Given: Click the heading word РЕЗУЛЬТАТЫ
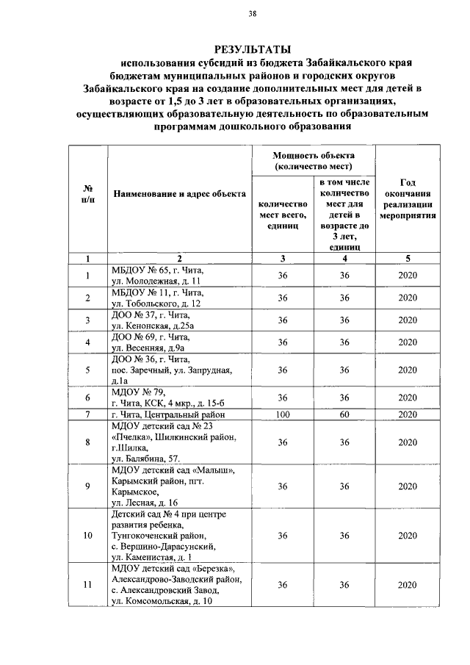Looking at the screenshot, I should pos(252,48).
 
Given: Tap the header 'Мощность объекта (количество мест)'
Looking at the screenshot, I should pos(314,161).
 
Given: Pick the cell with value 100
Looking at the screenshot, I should pos(282,415).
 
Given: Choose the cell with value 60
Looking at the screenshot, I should pos(344,415).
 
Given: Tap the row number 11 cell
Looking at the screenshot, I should pos(87,585).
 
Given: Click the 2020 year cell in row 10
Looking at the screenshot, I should pos(408,536).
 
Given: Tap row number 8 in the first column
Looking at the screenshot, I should pos(87,442).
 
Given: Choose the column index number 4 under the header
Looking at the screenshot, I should pos(344,258).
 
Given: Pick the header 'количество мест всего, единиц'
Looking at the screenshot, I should pos(282,215).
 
